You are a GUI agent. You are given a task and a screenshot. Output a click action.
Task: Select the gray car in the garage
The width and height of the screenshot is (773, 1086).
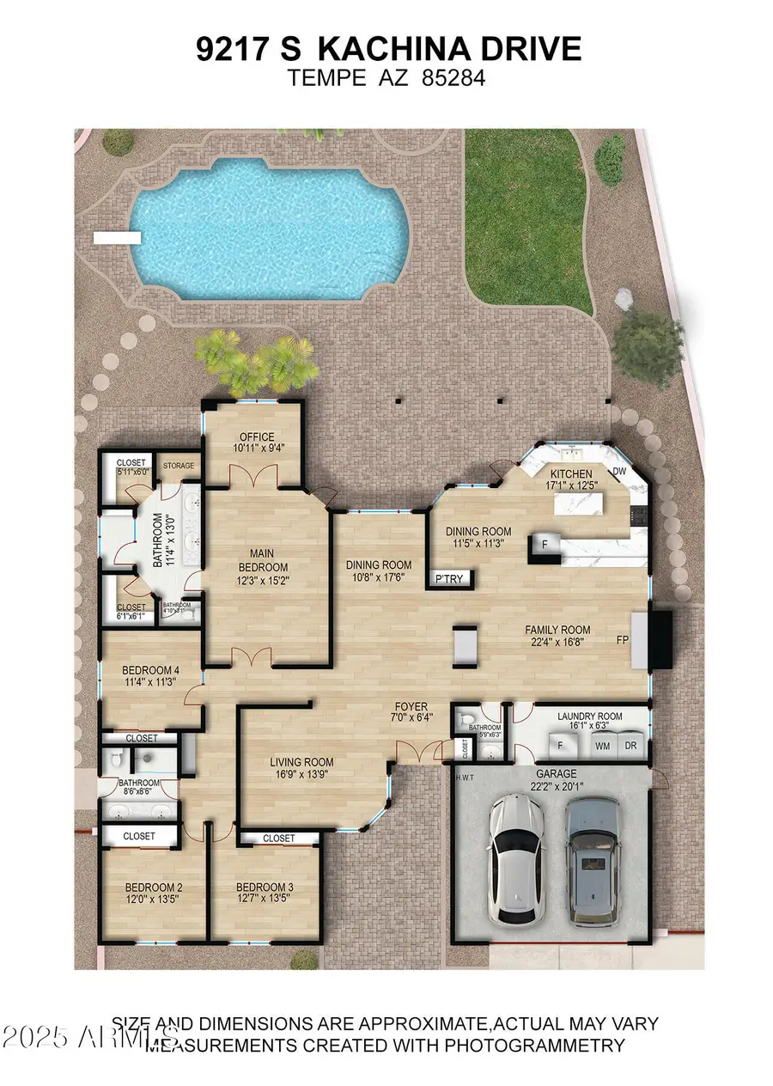(x=593, y=872)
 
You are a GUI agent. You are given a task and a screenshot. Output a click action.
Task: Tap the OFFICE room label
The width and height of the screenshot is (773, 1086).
(x=257, y=436)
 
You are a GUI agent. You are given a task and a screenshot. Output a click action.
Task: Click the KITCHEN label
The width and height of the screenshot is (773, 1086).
(x=571, y=473)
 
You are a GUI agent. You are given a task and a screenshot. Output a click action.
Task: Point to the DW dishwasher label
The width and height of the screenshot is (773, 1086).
(x=619, y=472)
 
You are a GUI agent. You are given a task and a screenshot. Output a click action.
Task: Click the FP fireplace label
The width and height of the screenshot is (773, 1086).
(x=623, y=640)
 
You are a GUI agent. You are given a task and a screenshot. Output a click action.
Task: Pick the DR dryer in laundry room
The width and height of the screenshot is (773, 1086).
(x=631, y=746)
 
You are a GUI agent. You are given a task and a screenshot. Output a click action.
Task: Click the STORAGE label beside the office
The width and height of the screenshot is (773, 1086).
(x=179, y=466)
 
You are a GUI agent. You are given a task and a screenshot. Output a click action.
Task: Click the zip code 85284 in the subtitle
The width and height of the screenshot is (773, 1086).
(x=453, y=79)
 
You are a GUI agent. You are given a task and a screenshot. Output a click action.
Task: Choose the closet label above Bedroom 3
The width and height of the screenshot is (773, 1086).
(x=278, y=838)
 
